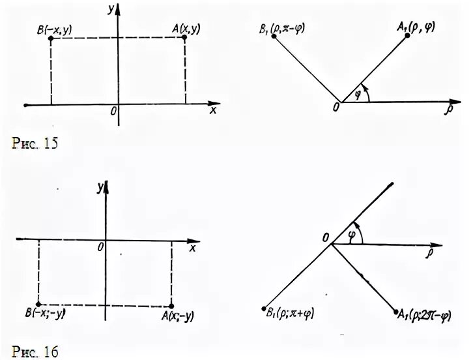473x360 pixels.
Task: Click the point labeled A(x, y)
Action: pos(184,37)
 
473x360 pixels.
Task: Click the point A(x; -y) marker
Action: pos(171,306)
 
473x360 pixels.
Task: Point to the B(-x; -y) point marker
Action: pos(38,305)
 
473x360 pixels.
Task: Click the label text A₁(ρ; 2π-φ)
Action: pos(431,316)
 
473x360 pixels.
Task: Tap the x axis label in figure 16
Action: pos(193,248)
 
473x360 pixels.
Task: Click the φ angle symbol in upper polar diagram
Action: pos(356,95)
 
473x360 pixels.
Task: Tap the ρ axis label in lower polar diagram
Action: pos(431,252)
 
